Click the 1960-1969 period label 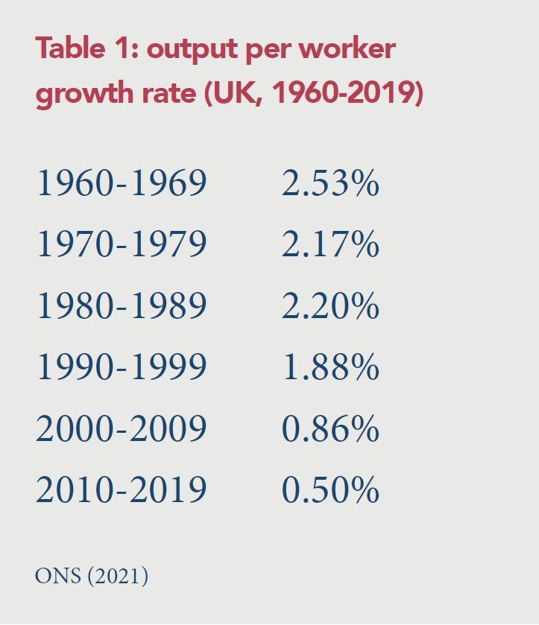point(121,183)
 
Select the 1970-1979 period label point(121,244)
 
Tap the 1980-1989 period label point(121,305)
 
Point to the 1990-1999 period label point(121,367)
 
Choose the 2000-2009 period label point(121,428)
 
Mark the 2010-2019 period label point(121,489)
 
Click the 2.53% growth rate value point(330,183)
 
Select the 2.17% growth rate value point(330,244)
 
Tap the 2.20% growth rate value point(330,305)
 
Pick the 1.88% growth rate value point(330,367)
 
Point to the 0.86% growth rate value point(330,428)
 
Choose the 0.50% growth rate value point(330,489)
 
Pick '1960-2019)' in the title point(347,94)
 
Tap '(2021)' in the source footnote point(118,576)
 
